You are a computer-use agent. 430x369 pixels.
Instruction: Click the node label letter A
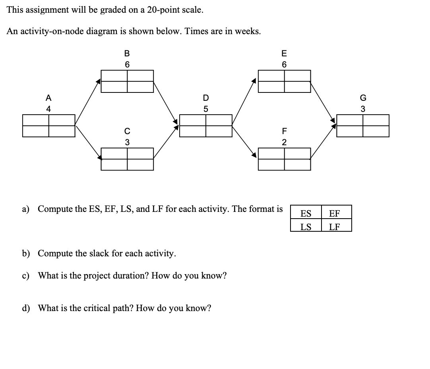click(x=48, y=98)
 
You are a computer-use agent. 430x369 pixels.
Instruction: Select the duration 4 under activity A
click(x=48, y=109)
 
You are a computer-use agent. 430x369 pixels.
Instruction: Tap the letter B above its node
click(x=127, y=53)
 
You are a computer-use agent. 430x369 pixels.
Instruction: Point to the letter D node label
click(x=205, y=98)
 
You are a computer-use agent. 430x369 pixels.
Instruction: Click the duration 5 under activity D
click(x=205, y=109)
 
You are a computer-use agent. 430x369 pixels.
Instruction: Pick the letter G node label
click(x=362, y=98)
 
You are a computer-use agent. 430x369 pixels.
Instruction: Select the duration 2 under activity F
click(x=284, y=142)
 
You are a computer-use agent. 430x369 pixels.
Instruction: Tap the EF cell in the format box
click(x=335, y=213)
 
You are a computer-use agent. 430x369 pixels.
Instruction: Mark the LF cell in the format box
click(x=335, y=227)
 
